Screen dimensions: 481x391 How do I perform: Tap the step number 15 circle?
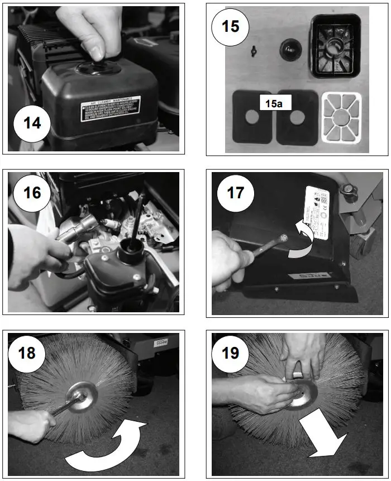tap(231, 27)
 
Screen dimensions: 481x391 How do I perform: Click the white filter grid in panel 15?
tap(342, 118)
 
